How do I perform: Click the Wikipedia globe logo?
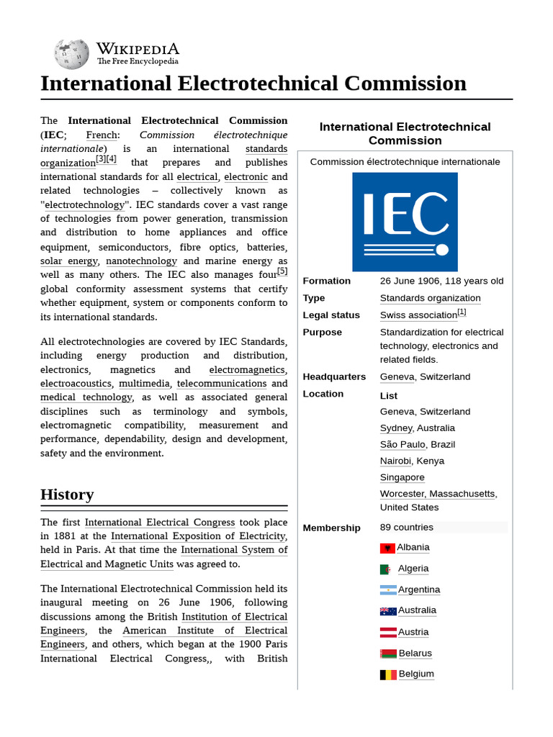(x=72, y=53)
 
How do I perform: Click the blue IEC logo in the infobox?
(x=405, y=222)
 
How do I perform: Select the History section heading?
(x=67, y=494)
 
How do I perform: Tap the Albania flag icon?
(x=387, y=548)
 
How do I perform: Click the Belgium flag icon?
(x=388, y=675)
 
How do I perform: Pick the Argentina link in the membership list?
(x=418, y=589)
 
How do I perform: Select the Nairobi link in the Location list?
(x=395, y=461)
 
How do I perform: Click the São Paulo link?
(x=403, y=444)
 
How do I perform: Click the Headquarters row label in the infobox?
(x=334, y=376)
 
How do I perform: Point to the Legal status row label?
(x=331, y=315)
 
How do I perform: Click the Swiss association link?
(x=418, y=315)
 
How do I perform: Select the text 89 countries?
(x=407, y=528)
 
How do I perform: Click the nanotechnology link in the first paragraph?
(x=141, y=261)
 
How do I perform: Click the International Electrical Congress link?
(x=160, y=523)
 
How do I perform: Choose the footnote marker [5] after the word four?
(x=282, y=271)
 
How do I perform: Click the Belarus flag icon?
(x=388, y=654)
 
